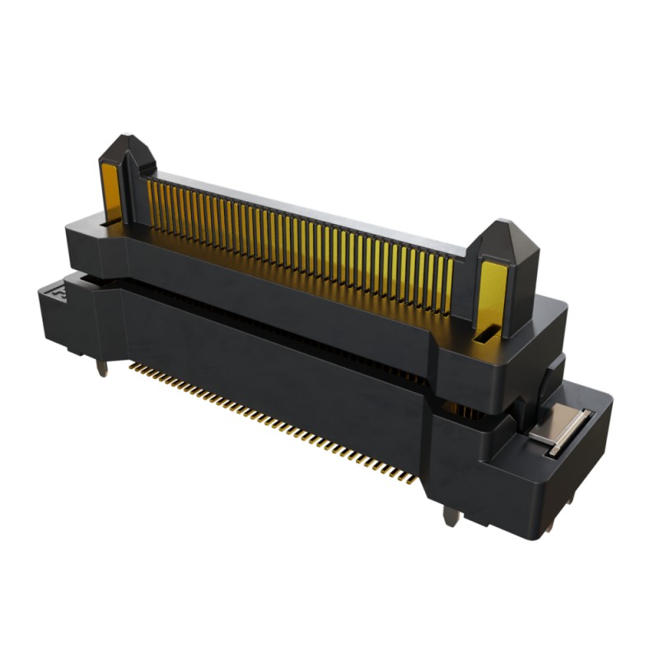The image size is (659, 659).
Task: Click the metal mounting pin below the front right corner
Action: [450, 516]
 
